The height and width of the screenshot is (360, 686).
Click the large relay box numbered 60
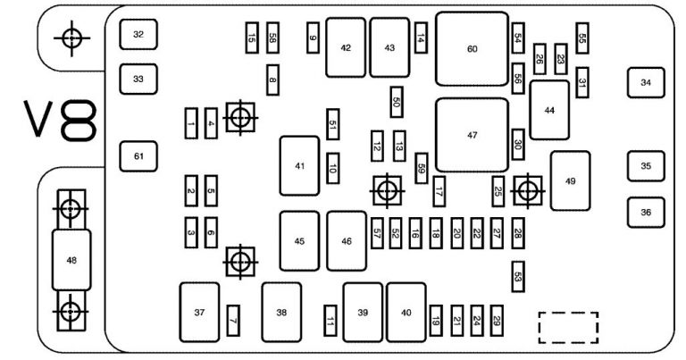pyautogui.click(x=472, y=49)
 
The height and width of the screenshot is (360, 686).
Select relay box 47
pyautogui.click(x=472, y=135)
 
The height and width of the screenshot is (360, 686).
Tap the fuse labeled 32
pyautogui.click(x=138, y=34)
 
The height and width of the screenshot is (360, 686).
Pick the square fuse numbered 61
pyautogui.click(x=138, y=156)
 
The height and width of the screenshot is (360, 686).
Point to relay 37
pyautogui.click(x=199, y=312)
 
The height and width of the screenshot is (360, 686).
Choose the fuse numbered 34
pyautogui.click(x=646, y=83)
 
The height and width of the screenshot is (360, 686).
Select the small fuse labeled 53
pyautogui.click(x=518, y=277)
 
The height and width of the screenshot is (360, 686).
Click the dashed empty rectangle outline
pyautogui.click(x=568, y=327)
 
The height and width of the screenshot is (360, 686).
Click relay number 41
pyautogui.click(x=299, y=166)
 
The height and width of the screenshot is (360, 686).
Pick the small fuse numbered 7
pyautogui.click(x=233, y=319)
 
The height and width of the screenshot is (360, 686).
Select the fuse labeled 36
pyautogui.click(x=646, y=213)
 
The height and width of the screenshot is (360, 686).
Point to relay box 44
pyautogui.click(x=549, y=110)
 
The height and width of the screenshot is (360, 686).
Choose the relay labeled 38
pyautogui.click(x=281, y=312)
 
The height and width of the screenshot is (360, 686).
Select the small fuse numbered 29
pyautogui.click(x=498, y=320)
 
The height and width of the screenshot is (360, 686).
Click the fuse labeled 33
pyautogui.click(x=138, y=79)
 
